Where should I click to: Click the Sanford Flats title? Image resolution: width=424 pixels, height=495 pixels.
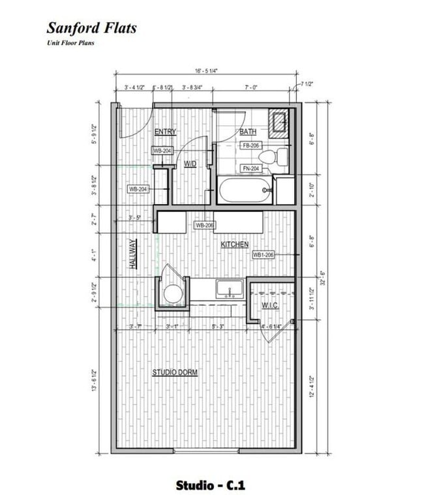tap(91, 28)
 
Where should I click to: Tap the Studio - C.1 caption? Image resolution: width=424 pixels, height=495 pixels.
tap(210, 485)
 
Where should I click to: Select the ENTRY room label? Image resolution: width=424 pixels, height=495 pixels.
tap(165, 132)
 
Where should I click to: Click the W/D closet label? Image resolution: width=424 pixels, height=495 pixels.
tap(190, 164)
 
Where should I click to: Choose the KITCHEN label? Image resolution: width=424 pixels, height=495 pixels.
tap(234, 245)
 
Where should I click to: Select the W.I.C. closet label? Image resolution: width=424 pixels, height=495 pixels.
tap(271, 305)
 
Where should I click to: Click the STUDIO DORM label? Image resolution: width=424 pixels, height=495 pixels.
tap(175, 372)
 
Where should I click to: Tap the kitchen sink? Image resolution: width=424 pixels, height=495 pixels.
tap(229, 288)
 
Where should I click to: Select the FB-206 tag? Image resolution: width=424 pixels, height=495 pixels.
tap(251, 145)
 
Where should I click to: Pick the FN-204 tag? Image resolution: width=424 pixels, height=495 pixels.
tap(251, 168)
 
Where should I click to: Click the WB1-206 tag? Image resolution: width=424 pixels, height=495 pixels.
tap(264, 255)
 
